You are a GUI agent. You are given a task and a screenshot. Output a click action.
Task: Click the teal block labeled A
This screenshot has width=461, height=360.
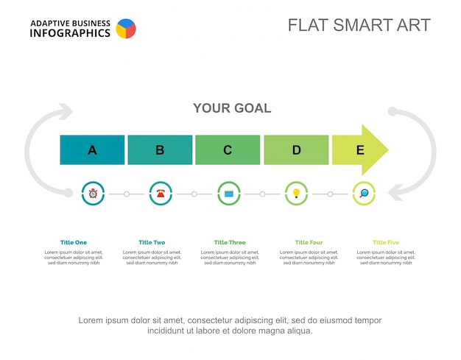pos(92,150)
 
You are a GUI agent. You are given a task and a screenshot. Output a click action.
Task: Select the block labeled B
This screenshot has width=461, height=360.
pos(160,150)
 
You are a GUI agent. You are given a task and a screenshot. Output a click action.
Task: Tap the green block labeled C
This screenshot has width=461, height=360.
pos(228,150)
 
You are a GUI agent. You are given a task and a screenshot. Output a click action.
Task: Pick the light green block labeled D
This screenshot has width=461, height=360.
pos(296,150)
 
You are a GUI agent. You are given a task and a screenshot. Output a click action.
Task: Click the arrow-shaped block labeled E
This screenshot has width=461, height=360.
pos(359,150)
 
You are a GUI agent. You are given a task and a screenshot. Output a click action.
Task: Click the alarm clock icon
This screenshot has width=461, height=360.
pos(93,194)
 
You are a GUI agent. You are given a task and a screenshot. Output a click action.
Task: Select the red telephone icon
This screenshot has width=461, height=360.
pos(161,194)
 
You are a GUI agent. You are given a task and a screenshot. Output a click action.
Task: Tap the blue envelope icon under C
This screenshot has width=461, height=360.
pos(229,194)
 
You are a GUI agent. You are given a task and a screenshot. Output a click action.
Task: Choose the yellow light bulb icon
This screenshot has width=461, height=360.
pos(297,194)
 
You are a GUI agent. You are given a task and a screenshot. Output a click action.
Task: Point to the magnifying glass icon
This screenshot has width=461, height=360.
pos(364,194)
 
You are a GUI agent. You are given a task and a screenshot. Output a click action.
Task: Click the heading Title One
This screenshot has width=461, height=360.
pos(74,242)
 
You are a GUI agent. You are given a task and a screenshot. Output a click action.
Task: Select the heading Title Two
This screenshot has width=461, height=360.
pos(152,242)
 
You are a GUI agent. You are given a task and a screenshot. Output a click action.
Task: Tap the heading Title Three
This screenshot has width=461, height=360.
pos(230,242)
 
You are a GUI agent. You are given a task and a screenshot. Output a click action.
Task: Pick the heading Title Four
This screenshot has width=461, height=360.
pos(309,242)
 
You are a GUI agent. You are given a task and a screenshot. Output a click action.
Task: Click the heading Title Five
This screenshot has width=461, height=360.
pos(386,242)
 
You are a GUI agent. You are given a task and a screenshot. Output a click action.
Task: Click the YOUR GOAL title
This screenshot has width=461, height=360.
pos(232,108)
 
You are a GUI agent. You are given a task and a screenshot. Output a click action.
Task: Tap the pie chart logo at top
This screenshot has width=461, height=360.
pos(126,29)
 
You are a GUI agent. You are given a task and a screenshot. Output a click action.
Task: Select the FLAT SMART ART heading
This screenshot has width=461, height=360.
pos(359,25)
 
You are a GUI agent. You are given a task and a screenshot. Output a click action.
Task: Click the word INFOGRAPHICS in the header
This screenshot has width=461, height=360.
pos(70,33)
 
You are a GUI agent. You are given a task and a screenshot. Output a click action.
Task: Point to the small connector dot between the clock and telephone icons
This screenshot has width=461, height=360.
pos(127,194)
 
